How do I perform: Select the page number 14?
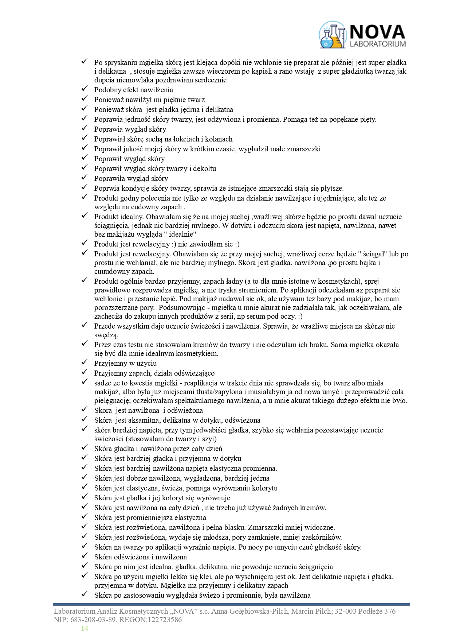[84, 628]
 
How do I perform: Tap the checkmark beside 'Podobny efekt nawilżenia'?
[84, 89]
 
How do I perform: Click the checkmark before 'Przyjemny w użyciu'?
[84, 363]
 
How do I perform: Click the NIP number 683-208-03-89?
[90, 620]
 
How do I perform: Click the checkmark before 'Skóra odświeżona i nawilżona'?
[84, 556]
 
